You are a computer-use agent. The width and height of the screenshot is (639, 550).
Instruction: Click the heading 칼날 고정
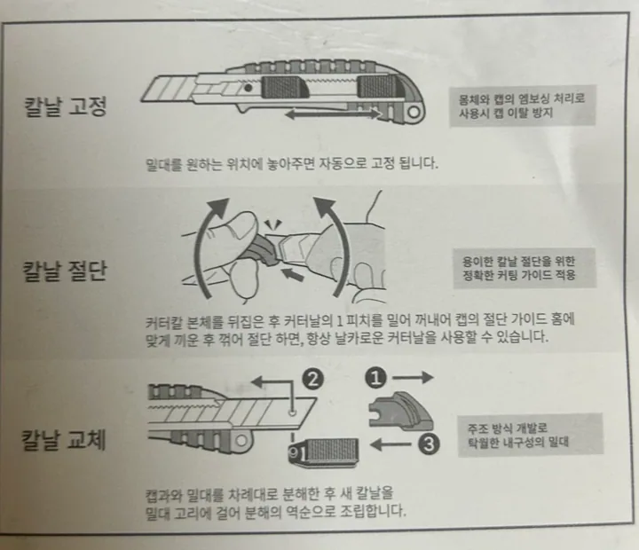66,106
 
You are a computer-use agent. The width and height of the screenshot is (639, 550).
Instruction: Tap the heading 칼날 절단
65,271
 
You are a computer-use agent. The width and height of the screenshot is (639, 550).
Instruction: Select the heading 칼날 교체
64,440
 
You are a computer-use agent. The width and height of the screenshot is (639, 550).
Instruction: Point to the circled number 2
312,380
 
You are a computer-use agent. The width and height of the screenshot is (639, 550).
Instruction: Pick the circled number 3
429,444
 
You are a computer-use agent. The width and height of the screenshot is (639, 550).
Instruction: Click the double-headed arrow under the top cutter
333,114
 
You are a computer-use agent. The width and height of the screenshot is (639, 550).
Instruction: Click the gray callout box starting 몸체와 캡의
523,106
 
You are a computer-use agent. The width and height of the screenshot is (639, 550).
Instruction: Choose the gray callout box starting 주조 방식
530,435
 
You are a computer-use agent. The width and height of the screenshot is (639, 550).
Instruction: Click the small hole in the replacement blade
292,413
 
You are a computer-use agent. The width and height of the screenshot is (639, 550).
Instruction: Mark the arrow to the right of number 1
413,378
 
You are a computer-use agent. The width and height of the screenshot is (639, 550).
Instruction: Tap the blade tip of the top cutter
142,100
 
